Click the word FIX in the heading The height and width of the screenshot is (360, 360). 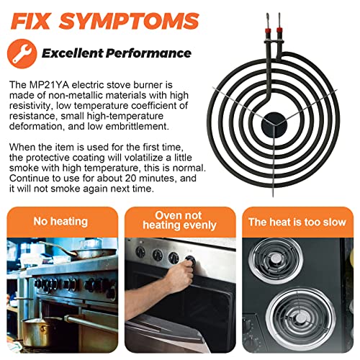pos(30,21)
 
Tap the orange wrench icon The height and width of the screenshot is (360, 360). pos(22,54)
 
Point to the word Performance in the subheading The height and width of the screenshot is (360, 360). pos(148,53)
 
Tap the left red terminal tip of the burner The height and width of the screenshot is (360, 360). pos(268,30)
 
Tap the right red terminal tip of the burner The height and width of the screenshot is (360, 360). pos(279,30)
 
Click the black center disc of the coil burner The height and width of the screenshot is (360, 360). pos(274,125)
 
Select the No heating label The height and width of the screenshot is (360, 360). pos(60,221)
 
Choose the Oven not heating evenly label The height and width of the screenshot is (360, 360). pos(179,220)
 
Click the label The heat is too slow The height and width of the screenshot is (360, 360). pos(297,222)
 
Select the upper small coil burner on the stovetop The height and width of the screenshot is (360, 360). pos(275,261)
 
